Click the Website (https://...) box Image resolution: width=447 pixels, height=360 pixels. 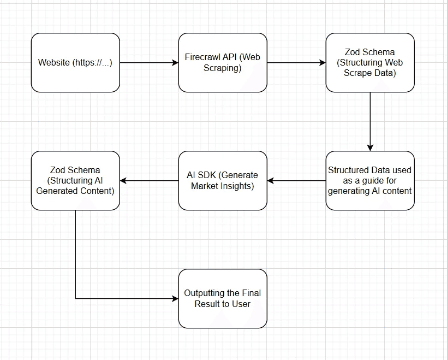75,62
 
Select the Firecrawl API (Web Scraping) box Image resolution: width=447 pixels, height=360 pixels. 223,62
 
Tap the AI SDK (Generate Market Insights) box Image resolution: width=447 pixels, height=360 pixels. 223,181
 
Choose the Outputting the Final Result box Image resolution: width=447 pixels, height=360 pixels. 223,299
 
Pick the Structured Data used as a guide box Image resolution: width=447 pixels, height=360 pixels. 370,181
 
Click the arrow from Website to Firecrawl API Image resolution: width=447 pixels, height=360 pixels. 149,62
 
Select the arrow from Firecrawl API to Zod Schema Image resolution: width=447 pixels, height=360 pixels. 296,62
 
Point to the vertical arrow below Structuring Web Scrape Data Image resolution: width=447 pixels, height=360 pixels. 370,121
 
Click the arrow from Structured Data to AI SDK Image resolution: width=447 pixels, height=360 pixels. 296,181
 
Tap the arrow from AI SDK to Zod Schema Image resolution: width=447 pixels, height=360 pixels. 149,181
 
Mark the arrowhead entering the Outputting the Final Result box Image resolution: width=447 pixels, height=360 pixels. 175,299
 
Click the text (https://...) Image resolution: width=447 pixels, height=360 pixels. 92,62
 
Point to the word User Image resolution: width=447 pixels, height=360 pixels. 241,304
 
